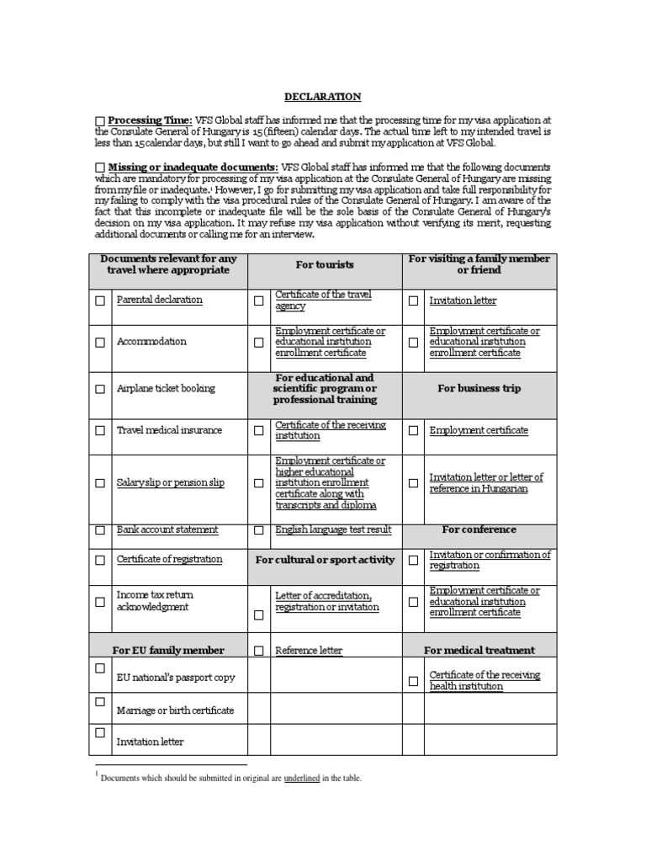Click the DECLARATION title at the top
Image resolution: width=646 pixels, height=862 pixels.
(322, 97)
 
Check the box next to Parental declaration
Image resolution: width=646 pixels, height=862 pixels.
(101, 301)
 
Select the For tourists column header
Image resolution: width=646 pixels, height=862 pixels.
(325, 264)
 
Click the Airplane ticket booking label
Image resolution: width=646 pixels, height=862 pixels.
(166, 389)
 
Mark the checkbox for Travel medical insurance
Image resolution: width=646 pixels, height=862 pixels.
(101, 431)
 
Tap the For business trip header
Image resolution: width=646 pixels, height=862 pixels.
(479, 389)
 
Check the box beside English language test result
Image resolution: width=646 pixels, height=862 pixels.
(259, 530)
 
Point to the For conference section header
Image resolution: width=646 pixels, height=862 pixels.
(479, 529)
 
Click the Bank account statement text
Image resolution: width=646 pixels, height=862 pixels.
(167, 529)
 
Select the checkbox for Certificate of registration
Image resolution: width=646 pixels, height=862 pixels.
(101, 560)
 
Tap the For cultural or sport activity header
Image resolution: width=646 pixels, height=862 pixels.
(325, 560)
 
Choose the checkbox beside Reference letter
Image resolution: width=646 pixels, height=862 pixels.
(259, 651)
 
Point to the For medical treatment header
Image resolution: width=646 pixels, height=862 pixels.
(479, 651)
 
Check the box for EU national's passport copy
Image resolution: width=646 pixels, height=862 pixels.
(101, 668)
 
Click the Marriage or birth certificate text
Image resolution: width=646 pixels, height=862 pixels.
(175, 710)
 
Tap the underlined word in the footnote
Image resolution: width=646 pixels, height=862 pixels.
(301, 779)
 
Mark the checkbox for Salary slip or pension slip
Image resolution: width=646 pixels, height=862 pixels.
(101, 483)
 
